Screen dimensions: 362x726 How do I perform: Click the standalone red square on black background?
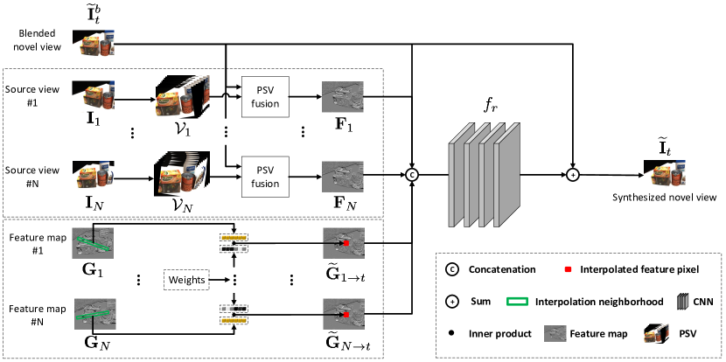click(x=568, y=269)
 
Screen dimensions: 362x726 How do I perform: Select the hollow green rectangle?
click(x=517, y=301)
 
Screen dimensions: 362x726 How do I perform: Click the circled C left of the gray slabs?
click(x=412, y=175)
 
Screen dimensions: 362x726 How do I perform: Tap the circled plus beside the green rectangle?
click(x=452, y=302)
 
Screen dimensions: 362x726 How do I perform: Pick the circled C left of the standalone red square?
click(x=452, y=269)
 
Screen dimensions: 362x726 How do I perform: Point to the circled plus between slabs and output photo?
click(x=573, y=175)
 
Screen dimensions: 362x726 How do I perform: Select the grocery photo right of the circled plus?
click(x=665, y=175)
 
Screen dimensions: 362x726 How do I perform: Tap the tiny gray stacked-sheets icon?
click(x=682, y=302)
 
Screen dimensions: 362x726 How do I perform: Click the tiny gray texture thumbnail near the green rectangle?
click(x=555, y=333)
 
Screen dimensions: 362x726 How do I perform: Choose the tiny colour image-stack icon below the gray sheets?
click(x=656, y=333)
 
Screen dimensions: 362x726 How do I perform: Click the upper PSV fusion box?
click(x=265, y=97)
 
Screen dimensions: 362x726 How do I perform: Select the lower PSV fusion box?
click(x=265, y=178)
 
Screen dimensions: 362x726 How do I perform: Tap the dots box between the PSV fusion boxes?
click(x=227, y=131)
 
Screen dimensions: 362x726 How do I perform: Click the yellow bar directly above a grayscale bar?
click(x=234, y=238)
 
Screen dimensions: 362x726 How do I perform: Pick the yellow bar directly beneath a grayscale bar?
click(x=234, y=320)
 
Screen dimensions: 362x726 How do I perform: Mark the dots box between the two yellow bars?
click(x=235, y=280)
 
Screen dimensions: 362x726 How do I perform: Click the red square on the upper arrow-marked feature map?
click(x=347, y=242)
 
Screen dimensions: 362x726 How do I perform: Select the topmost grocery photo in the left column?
click(x=94, y=45)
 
